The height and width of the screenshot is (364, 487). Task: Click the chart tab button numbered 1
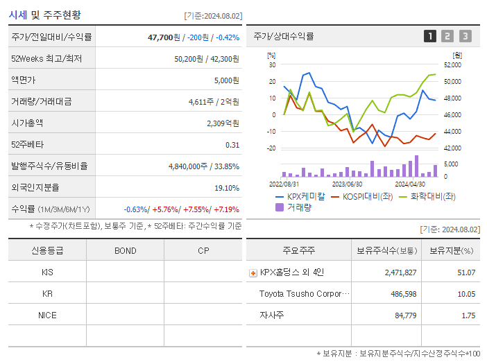[430, 36]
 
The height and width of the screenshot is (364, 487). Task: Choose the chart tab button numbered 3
[465, 36]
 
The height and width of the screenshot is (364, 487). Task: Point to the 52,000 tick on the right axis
[452, 64]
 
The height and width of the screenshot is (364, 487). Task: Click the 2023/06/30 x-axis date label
[347, 184]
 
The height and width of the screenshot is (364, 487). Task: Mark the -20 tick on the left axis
[271, 148]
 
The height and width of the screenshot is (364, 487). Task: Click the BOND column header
[125, 250]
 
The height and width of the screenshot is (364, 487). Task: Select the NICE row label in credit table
[47, 315]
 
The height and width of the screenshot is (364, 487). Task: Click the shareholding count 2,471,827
[400, 272]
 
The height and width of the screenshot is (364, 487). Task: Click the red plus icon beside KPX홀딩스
[253, 272]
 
